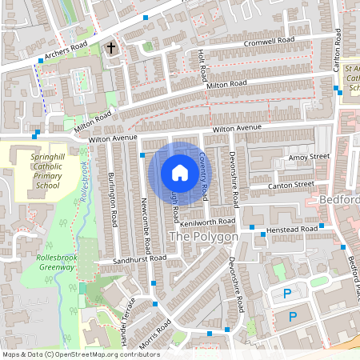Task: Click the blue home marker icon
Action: click(x=180, y=172)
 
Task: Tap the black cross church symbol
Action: click(x=111, y=49)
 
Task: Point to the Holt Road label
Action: click(x=202, y=66)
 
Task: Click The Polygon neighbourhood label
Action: click(x=203, y=238)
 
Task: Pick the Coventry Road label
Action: click(x=206, y=175)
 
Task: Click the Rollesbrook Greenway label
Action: click(x=56, y=262)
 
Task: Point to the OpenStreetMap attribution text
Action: click(x=81, y=354)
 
